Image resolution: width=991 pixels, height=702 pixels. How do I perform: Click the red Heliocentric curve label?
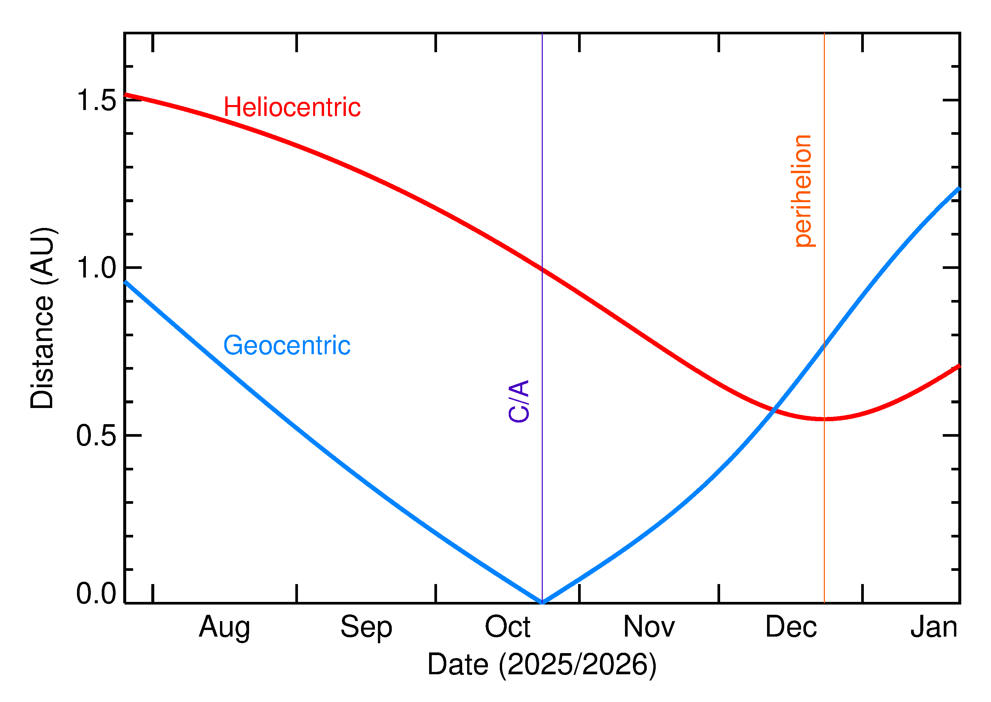292,107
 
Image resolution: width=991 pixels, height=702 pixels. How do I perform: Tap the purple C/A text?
519,401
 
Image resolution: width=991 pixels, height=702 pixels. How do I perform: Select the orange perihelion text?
803,191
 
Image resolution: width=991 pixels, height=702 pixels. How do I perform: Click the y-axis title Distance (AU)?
42,318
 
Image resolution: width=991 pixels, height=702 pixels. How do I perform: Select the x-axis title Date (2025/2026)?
541,664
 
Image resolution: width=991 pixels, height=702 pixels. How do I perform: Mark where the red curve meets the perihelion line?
824,419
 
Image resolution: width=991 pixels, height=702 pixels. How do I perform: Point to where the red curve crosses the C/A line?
542,269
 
